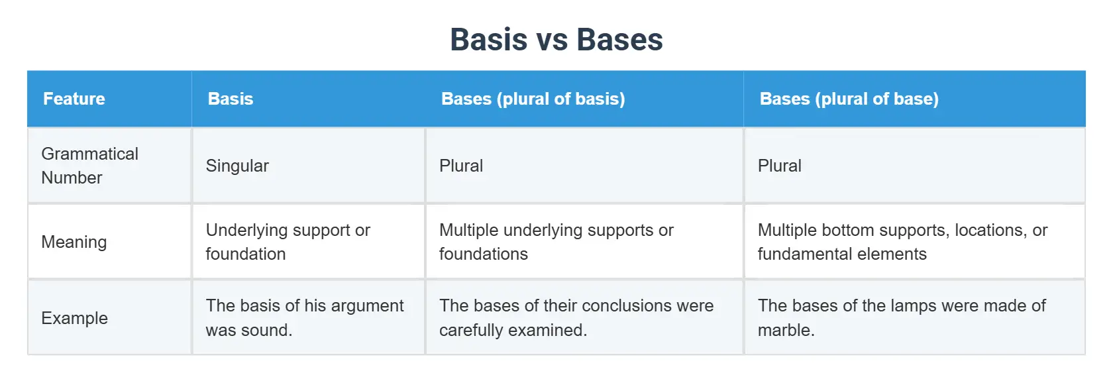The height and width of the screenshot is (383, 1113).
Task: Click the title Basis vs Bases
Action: tap(556, 40)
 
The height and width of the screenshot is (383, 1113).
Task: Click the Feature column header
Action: tap(74, 99)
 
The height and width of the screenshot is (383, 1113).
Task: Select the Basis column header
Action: tap(230, 99)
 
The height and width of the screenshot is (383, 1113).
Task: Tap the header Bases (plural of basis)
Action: tap(533, 99)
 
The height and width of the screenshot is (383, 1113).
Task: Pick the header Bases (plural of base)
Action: tap(849, 99)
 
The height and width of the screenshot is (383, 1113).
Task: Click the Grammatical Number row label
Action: tap(89, 166)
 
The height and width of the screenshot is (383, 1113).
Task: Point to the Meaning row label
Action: tap(74, 242)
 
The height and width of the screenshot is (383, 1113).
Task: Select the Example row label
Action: tap(74, 318)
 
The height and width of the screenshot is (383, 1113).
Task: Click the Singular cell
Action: tap(237, 166)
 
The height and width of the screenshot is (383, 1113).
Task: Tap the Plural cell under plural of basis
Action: tap(460, 166)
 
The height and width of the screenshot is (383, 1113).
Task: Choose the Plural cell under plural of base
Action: tap(779, 166)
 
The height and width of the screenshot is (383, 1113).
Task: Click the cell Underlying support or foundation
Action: tap(288, 242)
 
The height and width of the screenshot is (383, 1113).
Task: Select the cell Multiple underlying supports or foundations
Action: tap(556, 242)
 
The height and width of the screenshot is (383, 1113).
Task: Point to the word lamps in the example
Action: tap(915, 305)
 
